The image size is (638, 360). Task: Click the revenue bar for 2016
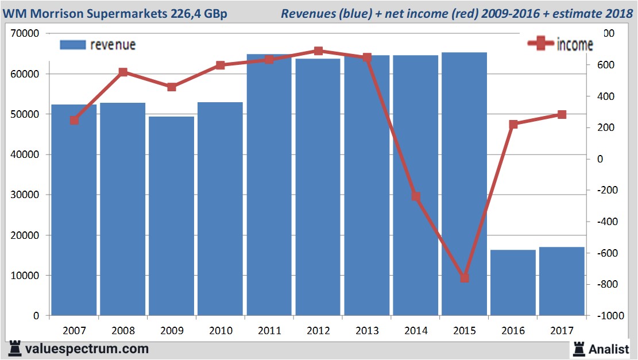(513, 282)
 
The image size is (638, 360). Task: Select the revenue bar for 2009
(171, 216)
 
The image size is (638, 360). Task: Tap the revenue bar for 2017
(562, 281)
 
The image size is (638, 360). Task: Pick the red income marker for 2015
(465, 278)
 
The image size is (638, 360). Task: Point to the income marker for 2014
(416, 196)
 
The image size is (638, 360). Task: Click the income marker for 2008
(123, 72)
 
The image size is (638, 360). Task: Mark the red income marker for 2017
(562, 115)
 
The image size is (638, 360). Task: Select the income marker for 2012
(319, 51)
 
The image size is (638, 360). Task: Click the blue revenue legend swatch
(72, 44)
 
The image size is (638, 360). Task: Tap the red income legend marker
(540, 44)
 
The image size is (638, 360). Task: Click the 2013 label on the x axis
(367, 331)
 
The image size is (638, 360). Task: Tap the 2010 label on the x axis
(221, 331)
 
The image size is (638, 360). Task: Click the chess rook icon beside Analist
(578, 349)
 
